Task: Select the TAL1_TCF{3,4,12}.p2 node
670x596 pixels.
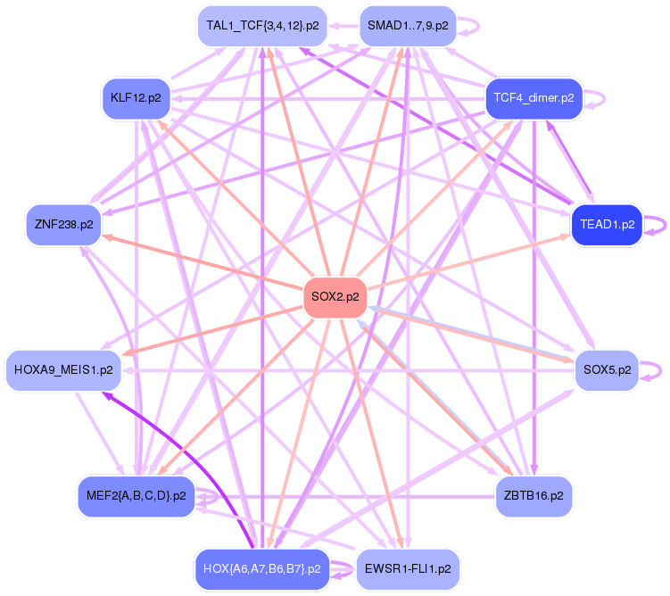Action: (261, 26)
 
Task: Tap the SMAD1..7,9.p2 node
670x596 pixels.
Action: (408, 26)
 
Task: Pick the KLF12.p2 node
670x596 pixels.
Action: (136, 97)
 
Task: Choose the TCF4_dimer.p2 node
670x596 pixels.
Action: (534, 97)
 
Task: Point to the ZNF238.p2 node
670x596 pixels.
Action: (63, 224)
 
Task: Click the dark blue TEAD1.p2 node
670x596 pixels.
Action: (607, 224)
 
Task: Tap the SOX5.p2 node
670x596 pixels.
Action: (607, 368)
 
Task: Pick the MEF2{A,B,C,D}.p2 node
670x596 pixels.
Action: (136, 495)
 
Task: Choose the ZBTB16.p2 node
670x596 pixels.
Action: (534, 495)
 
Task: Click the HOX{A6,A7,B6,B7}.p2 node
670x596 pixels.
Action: (261, 568)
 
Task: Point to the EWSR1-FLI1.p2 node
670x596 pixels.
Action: (408, 568)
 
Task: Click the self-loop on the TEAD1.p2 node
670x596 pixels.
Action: (658, 224)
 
